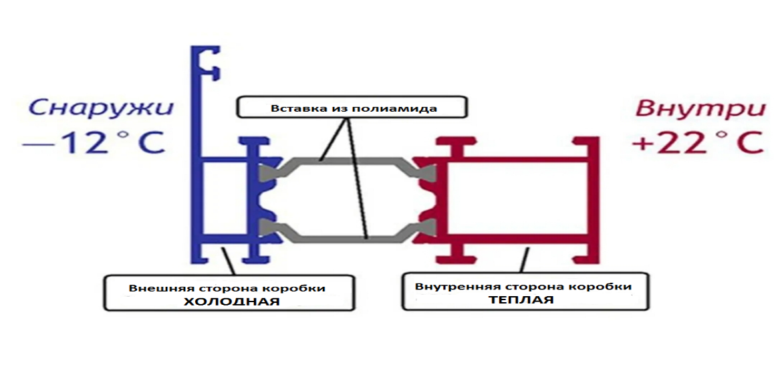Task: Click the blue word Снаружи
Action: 100,108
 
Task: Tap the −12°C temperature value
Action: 94,143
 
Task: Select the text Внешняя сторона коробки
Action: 227,288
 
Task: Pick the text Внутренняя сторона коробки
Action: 523,287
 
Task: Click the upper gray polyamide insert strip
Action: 348,161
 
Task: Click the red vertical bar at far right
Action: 592,201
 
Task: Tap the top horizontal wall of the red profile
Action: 515,161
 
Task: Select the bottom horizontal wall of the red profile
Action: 515,239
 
